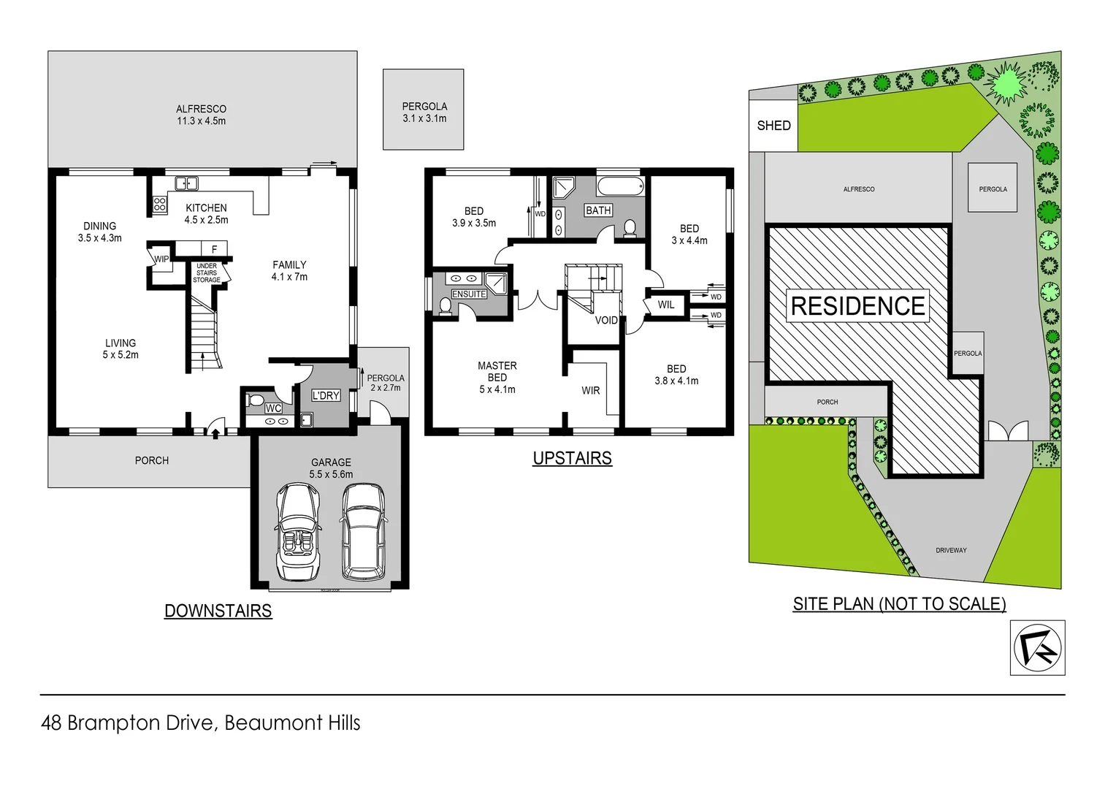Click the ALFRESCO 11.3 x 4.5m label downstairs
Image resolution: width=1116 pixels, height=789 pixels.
coord(201,115)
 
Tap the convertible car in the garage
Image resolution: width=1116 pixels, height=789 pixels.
coord(298,532)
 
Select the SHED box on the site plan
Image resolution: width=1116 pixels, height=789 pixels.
coord(773,126)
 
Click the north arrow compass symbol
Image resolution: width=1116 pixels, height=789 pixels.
coord(1037,647)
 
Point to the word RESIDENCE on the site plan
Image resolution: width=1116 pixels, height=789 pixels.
coord(857,306)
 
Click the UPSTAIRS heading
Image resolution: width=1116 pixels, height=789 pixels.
coord(572,458)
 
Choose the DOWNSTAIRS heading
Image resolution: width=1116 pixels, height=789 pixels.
coord(218,611)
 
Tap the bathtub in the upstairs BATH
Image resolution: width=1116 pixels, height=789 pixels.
coord(620,186)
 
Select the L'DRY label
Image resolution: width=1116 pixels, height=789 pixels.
coord(326,395)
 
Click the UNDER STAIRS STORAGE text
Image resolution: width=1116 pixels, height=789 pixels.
coord(207,273)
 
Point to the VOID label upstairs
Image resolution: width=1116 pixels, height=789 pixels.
coord(605,320)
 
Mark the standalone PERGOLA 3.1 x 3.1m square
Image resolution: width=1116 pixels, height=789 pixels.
coord(424,110)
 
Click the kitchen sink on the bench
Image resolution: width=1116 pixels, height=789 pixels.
coord(186,183)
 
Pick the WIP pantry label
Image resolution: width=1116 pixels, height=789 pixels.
coord(161,259)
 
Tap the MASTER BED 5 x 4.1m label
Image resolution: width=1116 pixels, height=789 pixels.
coord(497,377)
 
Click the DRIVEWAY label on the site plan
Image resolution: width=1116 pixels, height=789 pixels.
coord(951,550)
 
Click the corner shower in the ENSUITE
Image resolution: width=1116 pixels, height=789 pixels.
coord(496,283)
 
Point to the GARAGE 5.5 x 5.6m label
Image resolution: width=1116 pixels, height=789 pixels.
coord(331,468)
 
